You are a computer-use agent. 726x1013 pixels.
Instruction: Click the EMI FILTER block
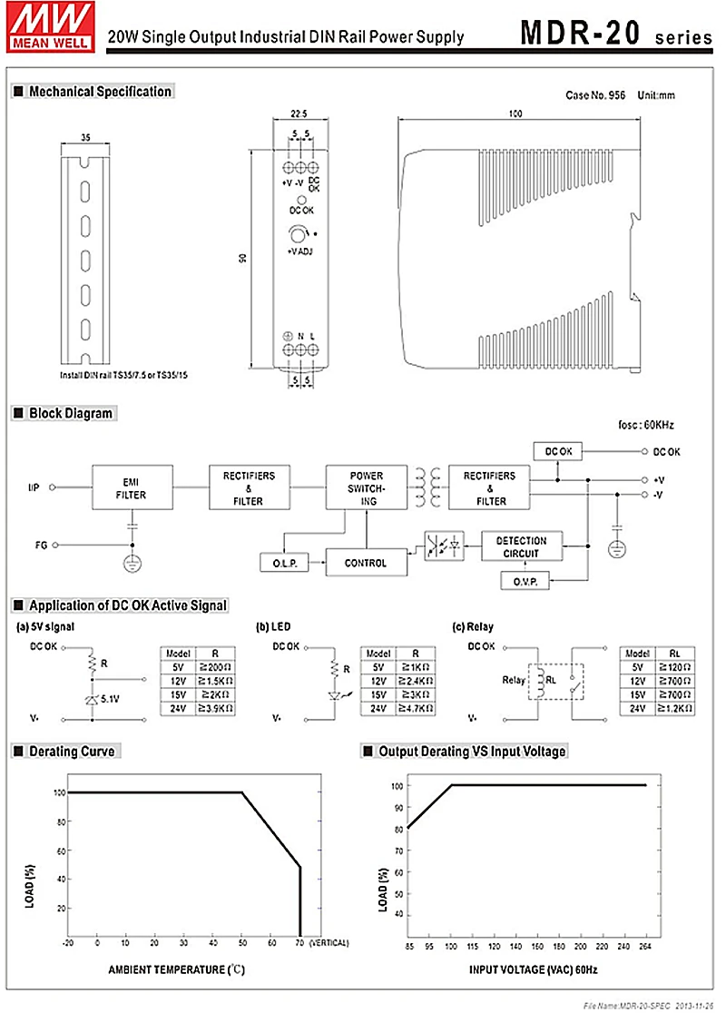[x=132, y=487]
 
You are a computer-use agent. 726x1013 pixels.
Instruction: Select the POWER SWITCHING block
[x=366, y=487]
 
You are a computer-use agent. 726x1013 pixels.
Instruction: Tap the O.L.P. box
[x=283, y=563]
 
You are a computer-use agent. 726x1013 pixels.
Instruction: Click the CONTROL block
[x=366, y=563]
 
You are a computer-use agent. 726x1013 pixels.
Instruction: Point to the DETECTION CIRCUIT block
[x=521, y=546]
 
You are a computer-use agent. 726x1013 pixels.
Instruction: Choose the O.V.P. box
[x=525, y=582]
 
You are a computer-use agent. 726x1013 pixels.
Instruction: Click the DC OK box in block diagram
[x=558, y=451]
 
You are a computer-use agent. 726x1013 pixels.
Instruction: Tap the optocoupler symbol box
[x=444, y=546]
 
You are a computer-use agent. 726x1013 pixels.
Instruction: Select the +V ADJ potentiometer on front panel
[x=299, y=236]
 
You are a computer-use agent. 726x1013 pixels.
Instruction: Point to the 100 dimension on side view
[x=515, y=114]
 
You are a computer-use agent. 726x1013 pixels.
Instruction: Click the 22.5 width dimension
[x=297, y=114]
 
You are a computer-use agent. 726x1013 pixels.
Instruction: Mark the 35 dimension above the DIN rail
[x=85, y=138]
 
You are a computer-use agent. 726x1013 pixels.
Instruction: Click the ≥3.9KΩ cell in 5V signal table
[x=216, y=707]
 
